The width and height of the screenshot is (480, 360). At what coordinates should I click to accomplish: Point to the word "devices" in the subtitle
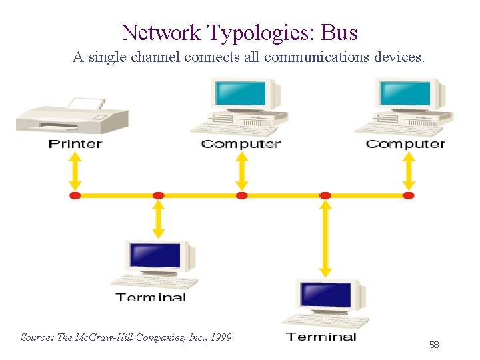[398, 57]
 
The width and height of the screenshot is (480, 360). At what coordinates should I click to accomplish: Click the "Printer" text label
[75, 144]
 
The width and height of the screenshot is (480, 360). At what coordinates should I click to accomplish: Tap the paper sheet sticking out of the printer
[87, 103]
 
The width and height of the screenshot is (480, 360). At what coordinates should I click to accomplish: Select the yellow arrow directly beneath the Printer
[75, 172]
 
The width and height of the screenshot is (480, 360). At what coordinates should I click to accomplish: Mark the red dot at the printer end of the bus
[75, 195]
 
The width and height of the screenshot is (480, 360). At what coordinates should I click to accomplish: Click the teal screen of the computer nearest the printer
[238, 94]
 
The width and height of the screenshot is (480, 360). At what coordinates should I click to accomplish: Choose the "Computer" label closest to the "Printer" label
[241, 144]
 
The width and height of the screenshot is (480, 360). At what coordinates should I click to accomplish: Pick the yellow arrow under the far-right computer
[409, 172]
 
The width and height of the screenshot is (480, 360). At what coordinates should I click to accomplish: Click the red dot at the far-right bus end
[409, 195]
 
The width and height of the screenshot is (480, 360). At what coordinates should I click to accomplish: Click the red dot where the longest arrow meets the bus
[325, 195]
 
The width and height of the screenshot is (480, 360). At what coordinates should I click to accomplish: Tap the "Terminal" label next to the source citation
[321, 337]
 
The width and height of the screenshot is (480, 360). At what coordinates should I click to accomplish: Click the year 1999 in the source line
[220, 337]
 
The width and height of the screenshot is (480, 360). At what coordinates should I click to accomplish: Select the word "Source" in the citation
[37, 337]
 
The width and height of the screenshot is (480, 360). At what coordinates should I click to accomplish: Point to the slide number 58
[434, 345]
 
